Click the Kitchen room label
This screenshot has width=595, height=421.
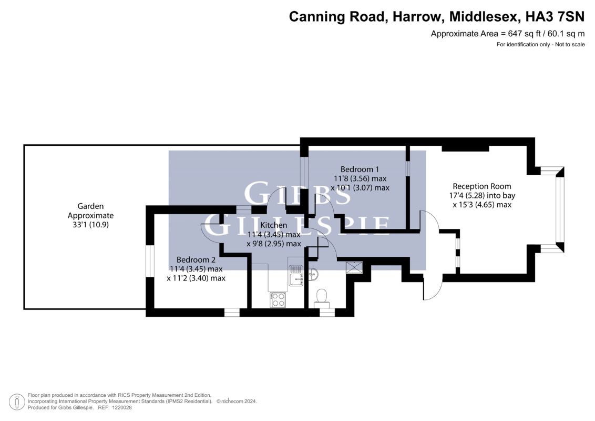(274, 225)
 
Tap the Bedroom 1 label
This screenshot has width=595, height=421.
(360, 169)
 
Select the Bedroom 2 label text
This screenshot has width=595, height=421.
(196, 260)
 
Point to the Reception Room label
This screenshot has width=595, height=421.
(482, 186)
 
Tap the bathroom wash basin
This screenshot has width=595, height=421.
(313, 274)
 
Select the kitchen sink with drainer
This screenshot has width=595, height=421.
(295, 275)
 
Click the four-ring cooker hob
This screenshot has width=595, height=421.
(278, 299)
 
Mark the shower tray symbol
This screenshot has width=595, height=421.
(354, 267)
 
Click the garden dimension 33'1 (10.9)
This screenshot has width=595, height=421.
(91, 225)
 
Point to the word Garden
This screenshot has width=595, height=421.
(90, 206)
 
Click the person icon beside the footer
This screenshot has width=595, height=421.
(17, 402)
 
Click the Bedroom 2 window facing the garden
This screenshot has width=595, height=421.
(150, 262)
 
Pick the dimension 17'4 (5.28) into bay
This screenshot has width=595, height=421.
(482, 196)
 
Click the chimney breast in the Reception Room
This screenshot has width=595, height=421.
(465, 148)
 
